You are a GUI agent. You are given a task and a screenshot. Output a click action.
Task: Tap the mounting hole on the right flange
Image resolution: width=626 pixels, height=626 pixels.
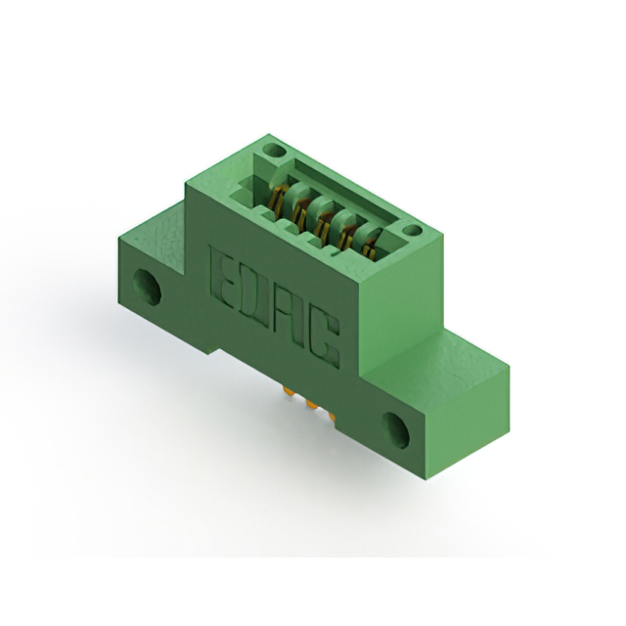[x=397, y=428]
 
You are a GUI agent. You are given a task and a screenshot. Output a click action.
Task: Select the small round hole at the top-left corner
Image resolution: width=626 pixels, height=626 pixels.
[x=275, y=152]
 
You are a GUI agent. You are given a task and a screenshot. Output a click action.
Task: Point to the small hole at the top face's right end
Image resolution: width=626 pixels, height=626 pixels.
[x=413, y=232]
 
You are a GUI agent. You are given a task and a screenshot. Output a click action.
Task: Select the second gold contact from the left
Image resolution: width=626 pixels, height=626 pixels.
[x=300, y=208]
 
